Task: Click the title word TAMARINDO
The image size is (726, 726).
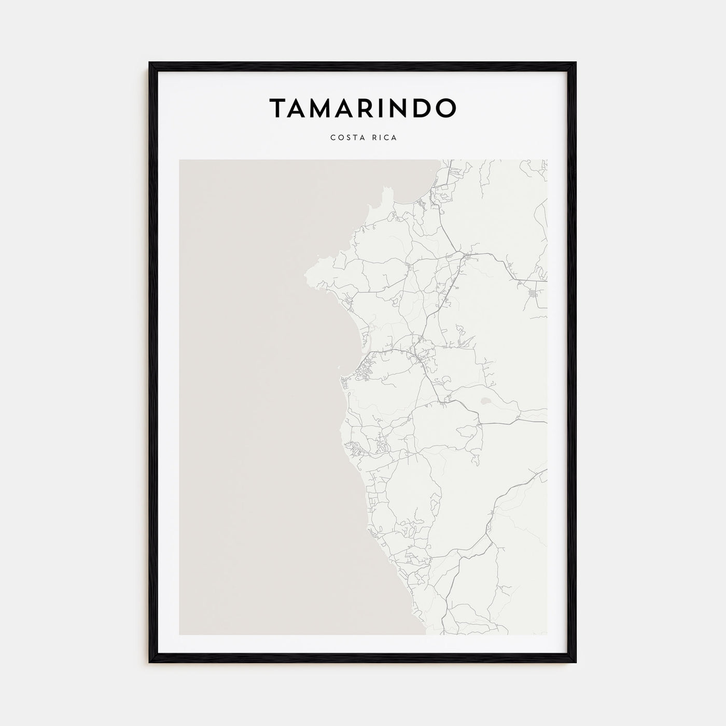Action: (362, 107)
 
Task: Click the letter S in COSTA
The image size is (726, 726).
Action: (346, 137)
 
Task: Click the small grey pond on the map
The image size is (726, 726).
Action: (486, 401)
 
